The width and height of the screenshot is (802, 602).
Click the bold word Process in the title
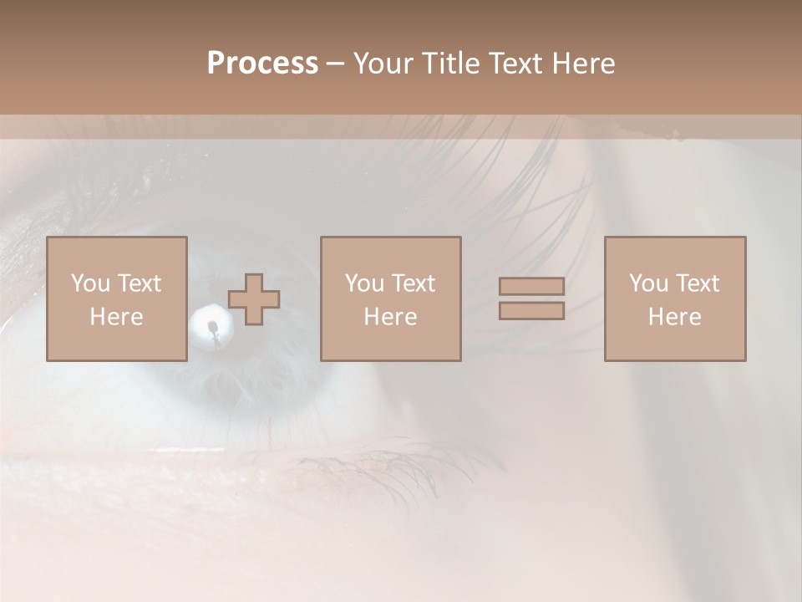pos(262,63)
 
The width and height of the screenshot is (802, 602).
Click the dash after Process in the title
pos(335,64)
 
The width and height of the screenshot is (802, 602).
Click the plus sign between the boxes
pos(254,299)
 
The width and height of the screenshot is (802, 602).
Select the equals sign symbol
pos(531,298)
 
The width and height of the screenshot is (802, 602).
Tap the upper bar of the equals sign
pos(531,286)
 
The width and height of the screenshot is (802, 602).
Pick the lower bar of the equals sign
pos(531,311)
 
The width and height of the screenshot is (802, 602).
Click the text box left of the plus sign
pos(117,298)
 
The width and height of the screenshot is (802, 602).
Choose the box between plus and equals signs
pos(390,298)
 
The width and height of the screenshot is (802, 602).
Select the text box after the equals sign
pos(675,298)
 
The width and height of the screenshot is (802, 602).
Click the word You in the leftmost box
pos(90,283)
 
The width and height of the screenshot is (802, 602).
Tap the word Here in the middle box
pos(390,317)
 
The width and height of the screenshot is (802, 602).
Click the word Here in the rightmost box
pos(674,317)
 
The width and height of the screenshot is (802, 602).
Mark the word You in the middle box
pos(364,283)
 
